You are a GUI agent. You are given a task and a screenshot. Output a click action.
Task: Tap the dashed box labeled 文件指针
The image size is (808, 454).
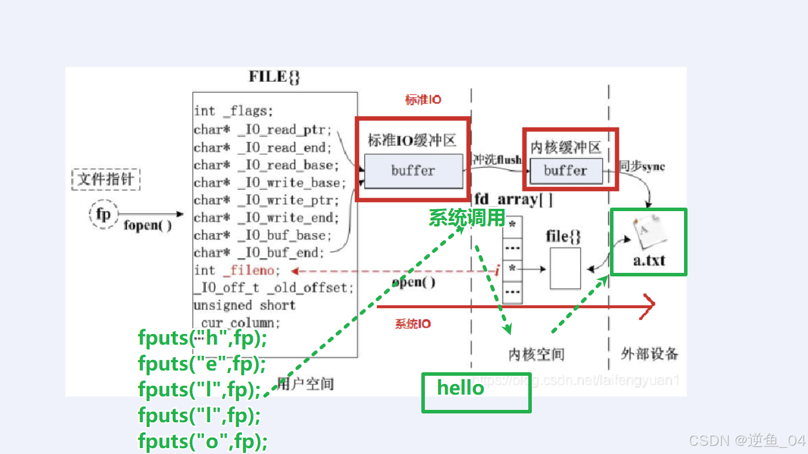tap(106, 179)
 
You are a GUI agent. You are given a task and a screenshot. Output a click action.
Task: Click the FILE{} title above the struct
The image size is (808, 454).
tap(274, 77)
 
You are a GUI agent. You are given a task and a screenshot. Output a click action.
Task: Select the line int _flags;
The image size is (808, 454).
tap(233, 111)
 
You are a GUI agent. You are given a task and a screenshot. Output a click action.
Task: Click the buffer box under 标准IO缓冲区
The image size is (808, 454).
tap(413, 171)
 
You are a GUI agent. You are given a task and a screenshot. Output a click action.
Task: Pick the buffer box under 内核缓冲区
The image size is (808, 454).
tap(565, 171)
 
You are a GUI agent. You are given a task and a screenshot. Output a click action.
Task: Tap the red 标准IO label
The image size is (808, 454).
tap(423, 101)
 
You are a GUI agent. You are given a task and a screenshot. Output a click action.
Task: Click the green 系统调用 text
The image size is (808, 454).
tap(467, 218)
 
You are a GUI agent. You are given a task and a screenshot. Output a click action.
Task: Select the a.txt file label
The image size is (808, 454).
tap(649, 260)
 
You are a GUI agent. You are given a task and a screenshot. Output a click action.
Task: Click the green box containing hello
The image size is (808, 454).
tap(476, 392)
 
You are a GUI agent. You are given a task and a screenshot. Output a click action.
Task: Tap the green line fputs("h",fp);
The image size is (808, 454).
tap(202, 338)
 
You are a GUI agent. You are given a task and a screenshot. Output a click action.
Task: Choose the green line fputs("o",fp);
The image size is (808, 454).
tap(202, 440)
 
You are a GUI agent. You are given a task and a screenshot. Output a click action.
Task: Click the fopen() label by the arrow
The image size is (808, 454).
tap(147, 225)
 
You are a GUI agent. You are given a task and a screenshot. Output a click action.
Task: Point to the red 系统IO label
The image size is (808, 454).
tap(413, 324)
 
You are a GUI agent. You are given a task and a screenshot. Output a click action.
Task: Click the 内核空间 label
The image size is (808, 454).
tap(536, 355)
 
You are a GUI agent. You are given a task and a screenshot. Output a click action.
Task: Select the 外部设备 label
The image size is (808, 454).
tap(649, 353)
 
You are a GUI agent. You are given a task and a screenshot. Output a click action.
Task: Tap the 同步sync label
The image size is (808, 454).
tap(642, 166)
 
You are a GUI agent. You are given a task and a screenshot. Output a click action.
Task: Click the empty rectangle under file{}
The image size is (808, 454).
tap(565, 268)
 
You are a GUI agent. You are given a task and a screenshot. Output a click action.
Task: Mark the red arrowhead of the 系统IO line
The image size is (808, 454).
tap(649, 306)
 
